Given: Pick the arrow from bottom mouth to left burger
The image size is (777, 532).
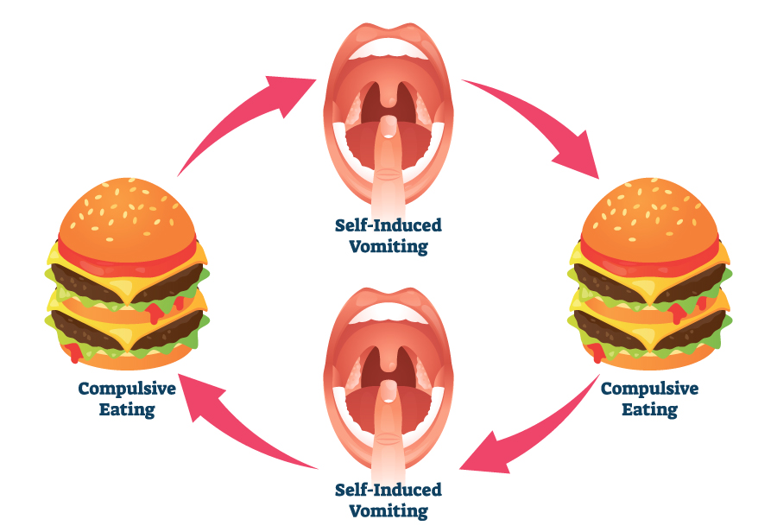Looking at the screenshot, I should [x=250, y=415].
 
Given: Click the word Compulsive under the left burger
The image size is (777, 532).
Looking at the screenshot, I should [x=127, y=389].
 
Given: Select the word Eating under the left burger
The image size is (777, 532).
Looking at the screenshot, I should [x=127, y=409].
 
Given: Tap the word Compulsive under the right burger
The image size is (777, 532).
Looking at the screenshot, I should [x=649, y=389].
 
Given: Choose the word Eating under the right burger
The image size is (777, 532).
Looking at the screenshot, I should [x=649, y=409].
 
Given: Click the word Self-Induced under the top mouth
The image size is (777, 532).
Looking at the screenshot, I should [x=388, y=226].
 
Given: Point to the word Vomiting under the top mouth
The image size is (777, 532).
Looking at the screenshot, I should [x=388, y=247].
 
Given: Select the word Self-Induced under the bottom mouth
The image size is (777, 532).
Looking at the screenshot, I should [x=388, y=490].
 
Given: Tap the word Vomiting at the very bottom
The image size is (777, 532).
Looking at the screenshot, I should [x=388, y=510].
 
